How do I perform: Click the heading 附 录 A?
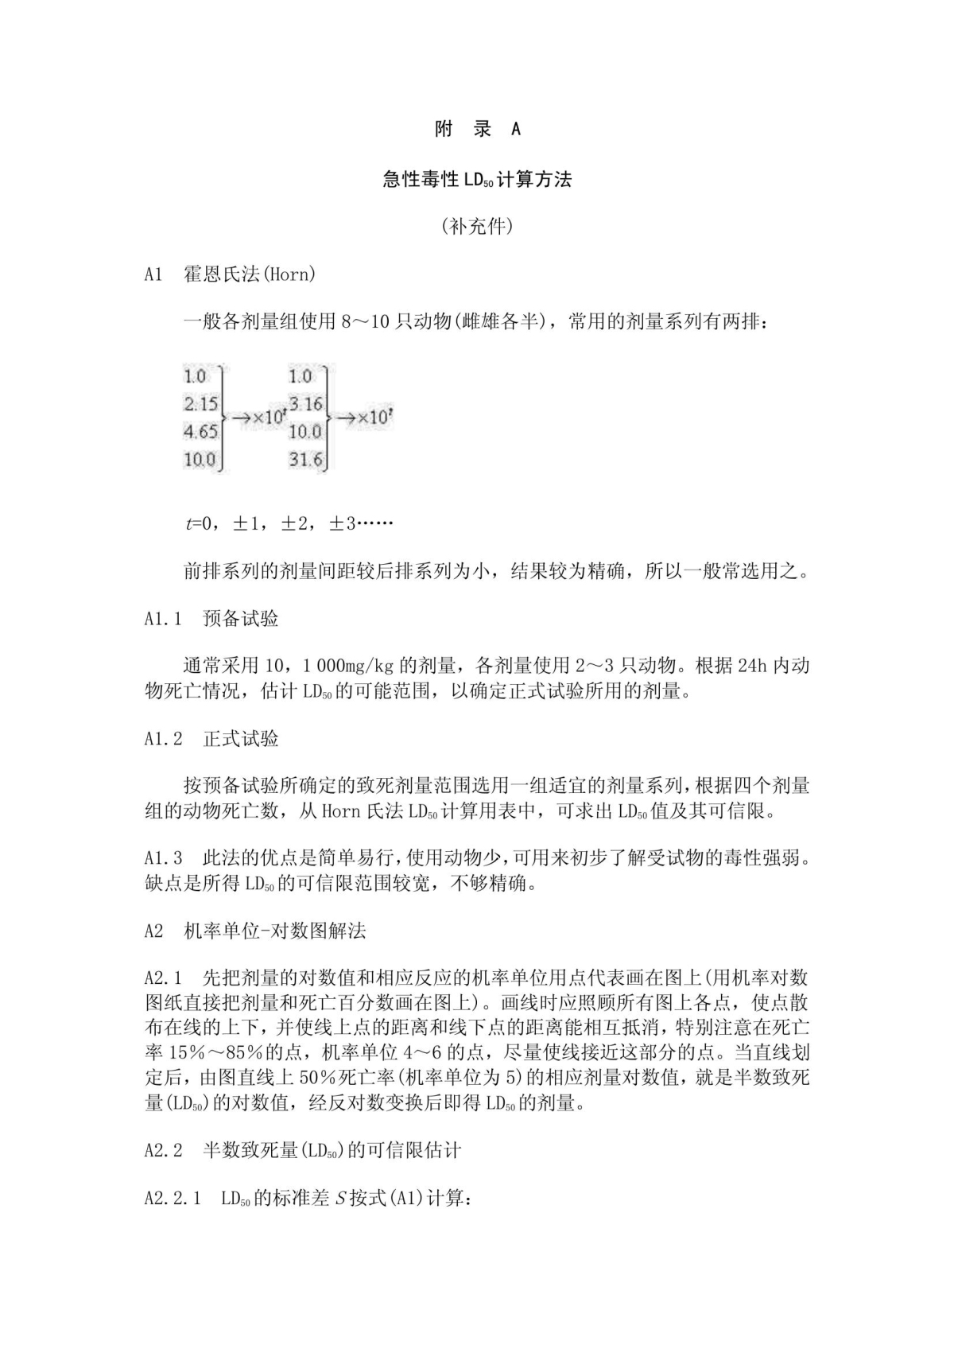(477, 130)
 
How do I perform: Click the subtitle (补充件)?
(477, 227)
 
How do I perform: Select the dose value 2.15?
(201, 404)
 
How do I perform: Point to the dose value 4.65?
(201, 432)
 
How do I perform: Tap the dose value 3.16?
(306, 404)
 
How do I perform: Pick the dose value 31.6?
(305, 459)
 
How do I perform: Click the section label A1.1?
(164, 619)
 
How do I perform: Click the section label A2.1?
(164, 978)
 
